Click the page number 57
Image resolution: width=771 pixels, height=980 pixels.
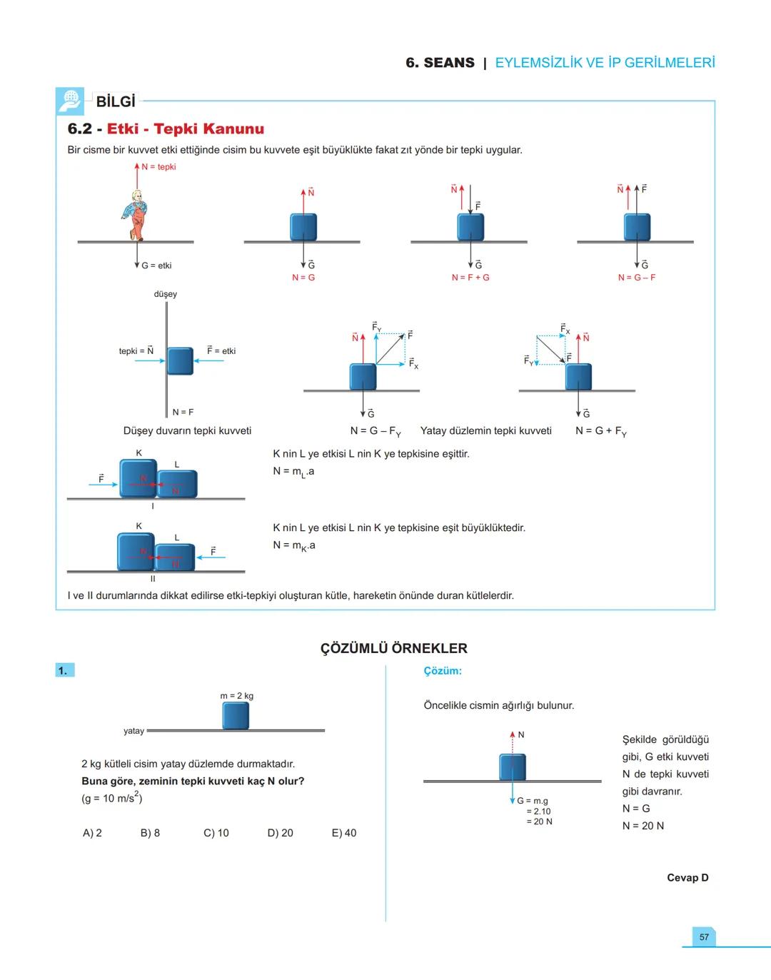(x=704, y=936)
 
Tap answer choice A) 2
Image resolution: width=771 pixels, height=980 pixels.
(x=92, y=833)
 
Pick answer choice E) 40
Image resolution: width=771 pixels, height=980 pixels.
(x=344, y=833)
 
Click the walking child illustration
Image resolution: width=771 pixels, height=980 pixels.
(x=136, y=215)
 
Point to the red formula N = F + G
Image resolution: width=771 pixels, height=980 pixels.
(x=470, y=278)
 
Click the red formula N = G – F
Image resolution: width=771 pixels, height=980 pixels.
(x=637, y=278)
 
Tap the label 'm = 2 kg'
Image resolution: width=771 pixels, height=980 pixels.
(x=236, y=696)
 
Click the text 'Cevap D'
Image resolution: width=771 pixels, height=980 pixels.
(x=687, y=878)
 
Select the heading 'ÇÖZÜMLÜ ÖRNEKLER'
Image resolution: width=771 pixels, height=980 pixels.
(x=393, y=648)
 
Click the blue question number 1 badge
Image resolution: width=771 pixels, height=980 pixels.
(x=64, y=670)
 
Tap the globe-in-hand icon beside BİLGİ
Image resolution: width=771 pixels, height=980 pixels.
(x=70, y=101)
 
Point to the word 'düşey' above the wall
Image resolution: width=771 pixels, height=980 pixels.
(x=166, y=294)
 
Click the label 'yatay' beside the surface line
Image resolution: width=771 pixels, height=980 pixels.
(x=133, y=731)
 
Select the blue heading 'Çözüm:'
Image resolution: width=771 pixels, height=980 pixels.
(x=443, y=671)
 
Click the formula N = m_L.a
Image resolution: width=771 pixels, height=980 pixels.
(x=293, y=472)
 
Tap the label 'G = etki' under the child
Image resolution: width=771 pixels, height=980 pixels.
(x=156, y=266)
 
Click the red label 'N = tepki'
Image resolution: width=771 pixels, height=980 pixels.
(x=158, y=167)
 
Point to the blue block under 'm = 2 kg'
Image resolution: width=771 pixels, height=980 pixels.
(x=236, y=716)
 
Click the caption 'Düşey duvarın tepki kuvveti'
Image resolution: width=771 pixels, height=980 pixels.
(x=187, y=431)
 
